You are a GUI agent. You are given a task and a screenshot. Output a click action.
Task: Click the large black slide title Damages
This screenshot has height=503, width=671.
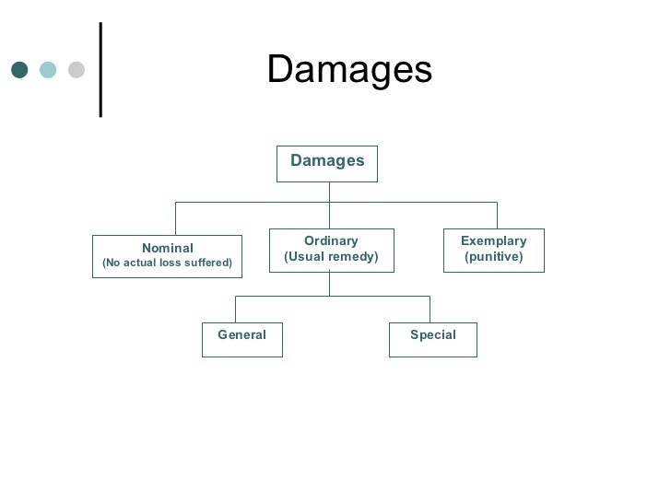(349, 69)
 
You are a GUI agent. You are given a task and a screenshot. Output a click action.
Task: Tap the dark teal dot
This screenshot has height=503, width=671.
(19, 70)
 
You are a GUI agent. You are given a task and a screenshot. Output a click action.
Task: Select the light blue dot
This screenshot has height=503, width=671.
(48, 70)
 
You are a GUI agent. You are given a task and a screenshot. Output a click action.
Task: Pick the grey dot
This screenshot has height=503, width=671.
(77, 70)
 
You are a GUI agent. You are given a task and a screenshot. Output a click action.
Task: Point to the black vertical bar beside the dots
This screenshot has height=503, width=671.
(101, 70)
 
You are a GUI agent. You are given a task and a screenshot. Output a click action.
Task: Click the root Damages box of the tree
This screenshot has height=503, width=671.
(327, 164)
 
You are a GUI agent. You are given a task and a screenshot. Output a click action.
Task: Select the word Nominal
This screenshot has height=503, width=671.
(168, 248)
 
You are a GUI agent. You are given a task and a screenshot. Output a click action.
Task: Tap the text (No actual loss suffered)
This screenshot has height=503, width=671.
(168, 263)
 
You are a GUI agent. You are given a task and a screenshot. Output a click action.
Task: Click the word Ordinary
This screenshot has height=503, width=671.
(331, 241)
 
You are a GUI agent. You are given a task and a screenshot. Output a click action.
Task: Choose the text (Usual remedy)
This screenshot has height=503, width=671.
(331, 257)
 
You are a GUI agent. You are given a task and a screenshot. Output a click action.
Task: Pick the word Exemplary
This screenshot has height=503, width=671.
(494, 241)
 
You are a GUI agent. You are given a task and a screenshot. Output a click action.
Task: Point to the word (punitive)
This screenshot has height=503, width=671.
(494, 257)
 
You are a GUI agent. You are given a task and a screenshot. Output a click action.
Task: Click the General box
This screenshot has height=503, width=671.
(242, 340)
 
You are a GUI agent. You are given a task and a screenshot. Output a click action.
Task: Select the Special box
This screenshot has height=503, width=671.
(433, 340)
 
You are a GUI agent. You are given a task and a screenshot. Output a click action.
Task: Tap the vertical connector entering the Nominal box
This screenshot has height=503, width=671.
(175, 218)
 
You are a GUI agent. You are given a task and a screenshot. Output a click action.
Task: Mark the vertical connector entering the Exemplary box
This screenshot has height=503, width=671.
(498, 216)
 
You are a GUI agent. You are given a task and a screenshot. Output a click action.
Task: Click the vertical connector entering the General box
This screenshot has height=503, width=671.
(235, 310)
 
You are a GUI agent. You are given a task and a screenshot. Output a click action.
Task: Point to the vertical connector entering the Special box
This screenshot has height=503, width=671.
(430, 310)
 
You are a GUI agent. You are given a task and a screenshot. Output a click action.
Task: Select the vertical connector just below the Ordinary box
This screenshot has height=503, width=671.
(330, 284)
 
